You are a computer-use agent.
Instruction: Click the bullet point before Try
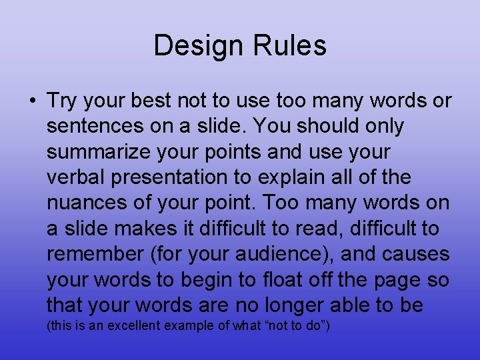[32, 101]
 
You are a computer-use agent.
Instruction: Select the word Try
[61, 101]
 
